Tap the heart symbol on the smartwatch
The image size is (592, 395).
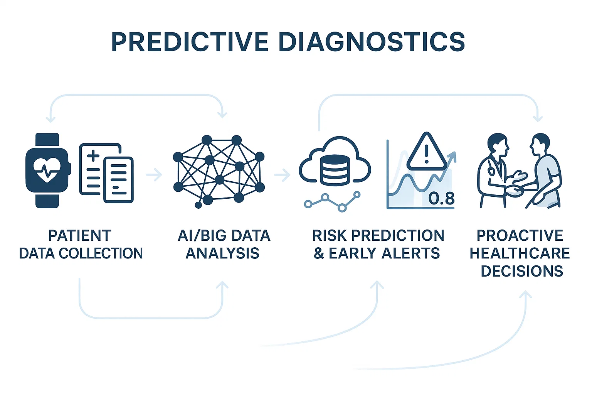[x=47, y=170]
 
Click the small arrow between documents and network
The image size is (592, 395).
[x=154, y=175]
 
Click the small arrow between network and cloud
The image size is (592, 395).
[x=282, y=175]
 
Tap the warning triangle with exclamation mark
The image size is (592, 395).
[x=426, y=152]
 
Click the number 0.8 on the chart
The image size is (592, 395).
[x=441, y=198]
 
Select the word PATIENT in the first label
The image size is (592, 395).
[x=80, y=235]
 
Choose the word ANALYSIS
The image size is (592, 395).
[x=222, y=253]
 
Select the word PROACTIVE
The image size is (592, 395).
[x=520, y=235]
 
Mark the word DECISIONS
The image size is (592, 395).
[x=522, y=271]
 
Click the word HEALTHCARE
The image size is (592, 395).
[x=520, y=253]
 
